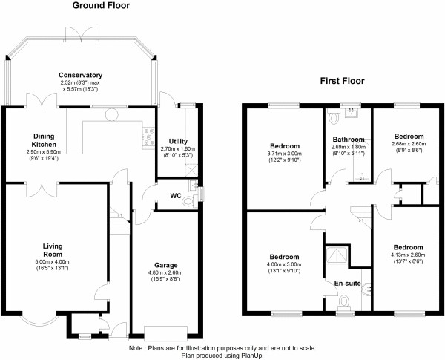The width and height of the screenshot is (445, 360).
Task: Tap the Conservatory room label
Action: tap(81, 75)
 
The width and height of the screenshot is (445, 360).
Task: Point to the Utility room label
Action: tap(178, 141)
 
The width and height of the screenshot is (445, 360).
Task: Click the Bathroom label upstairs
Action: tap(348, 140)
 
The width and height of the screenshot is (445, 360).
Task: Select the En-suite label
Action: tap(347, 283)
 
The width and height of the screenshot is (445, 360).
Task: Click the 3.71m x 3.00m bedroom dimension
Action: tap(285, 154)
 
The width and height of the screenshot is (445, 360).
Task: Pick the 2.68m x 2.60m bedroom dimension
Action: tap(409, 148)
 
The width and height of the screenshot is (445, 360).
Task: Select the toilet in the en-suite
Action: tap(343, 304)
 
